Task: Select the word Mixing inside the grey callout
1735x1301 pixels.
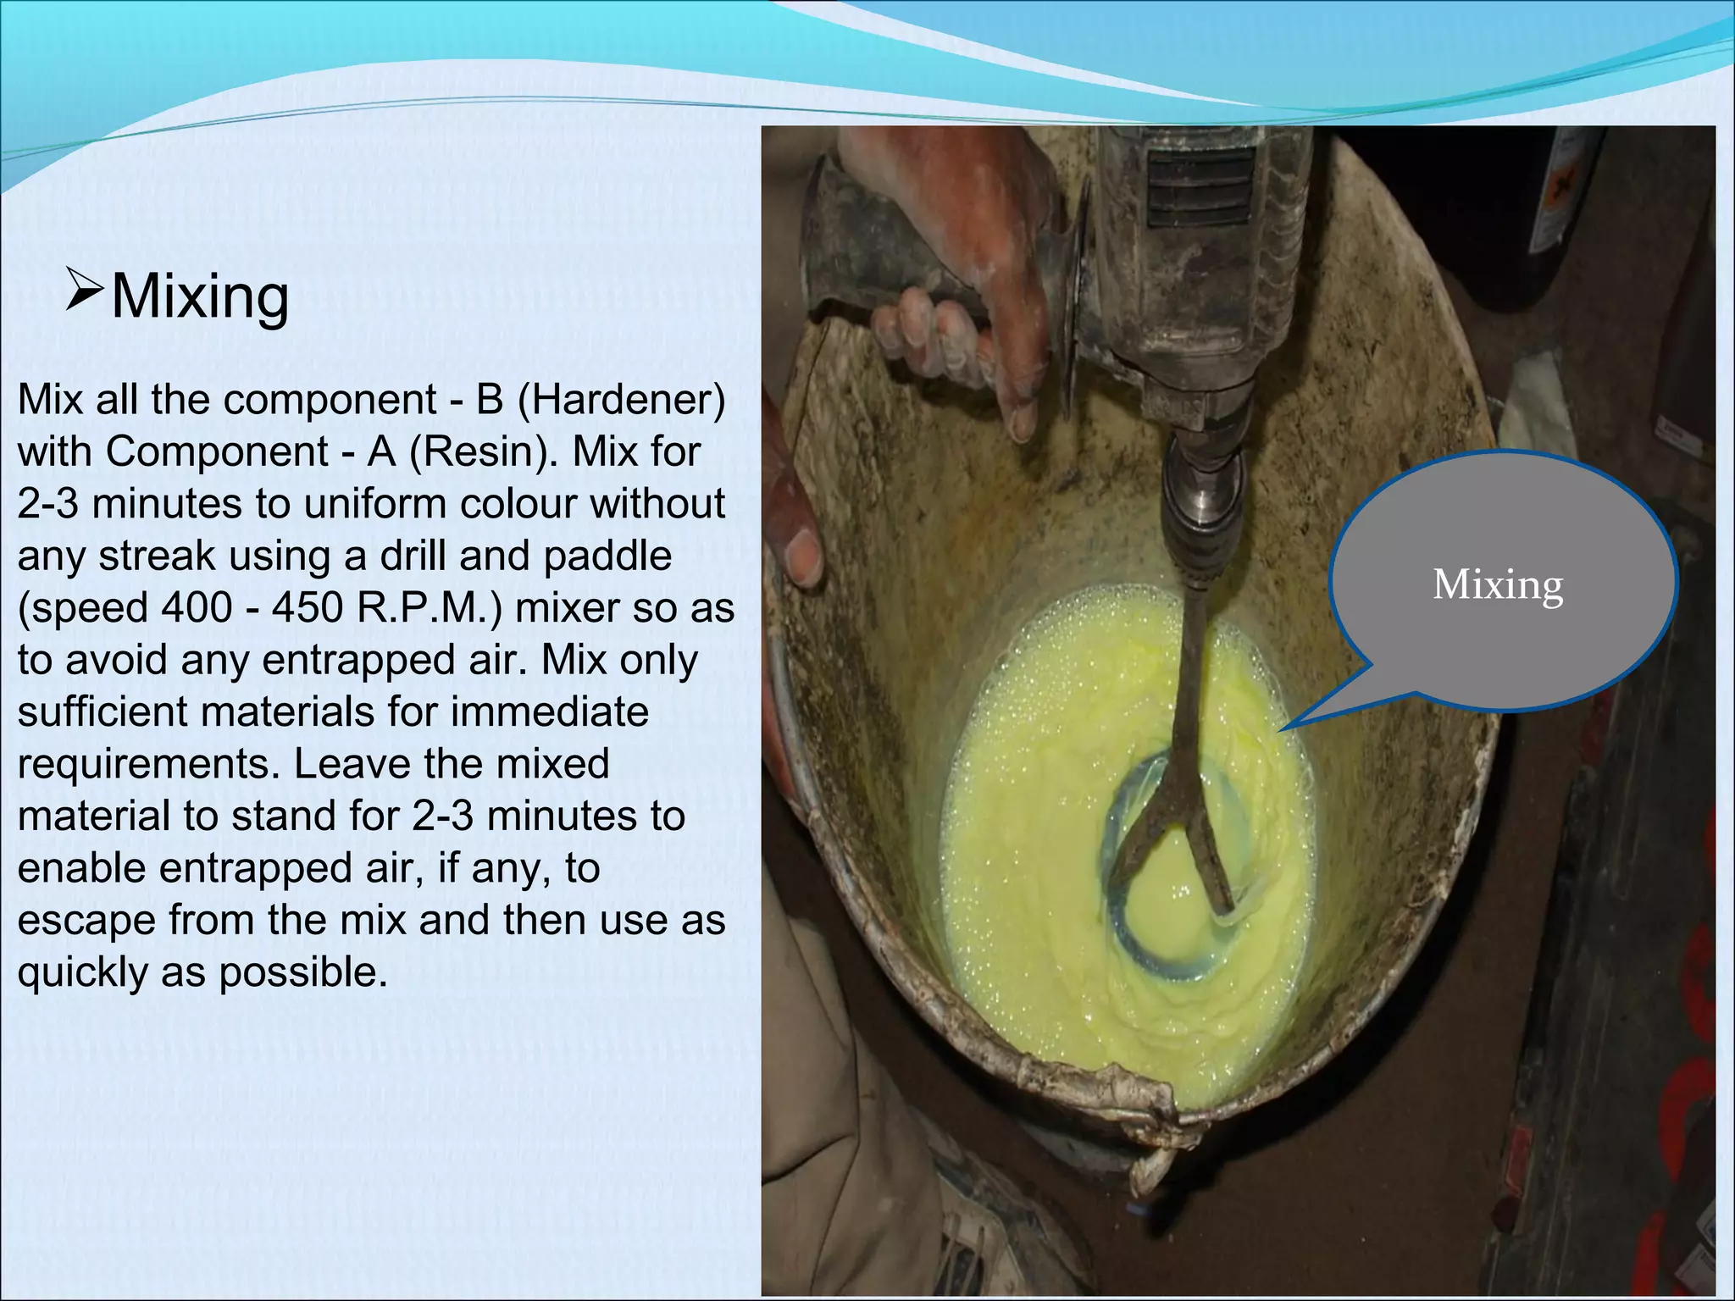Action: point(1497,584)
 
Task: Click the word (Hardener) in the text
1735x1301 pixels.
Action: point(621,399)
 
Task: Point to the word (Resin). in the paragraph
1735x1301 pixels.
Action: point(483,451)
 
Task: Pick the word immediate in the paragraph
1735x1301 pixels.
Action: point(549,711)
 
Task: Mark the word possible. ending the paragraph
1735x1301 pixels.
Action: point(303,972)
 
